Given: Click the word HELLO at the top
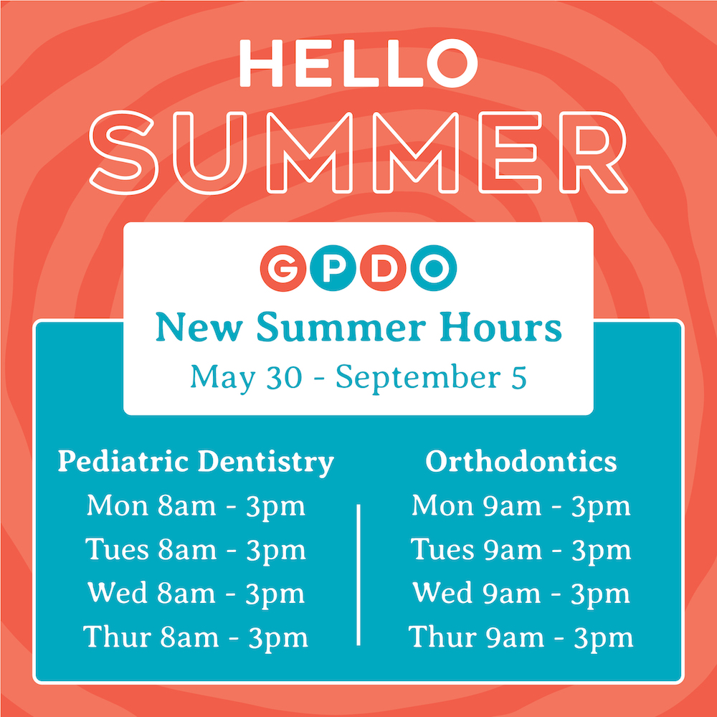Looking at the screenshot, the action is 358,63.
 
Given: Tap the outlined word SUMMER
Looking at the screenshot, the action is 358,152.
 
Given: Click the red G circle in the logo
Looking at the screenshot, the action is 283,268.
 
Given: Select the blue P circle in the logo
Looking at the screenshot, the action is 333,268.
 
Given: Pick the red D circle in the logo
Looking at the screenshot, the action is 383,268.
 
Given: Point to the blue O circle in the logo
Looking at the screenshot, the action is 434,268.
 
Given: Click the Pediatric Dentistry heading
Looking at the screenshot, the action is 196,462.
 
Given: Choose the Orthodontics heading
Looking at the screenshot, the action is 521,462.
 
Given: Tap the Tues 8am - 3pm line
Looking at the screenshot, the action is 196,550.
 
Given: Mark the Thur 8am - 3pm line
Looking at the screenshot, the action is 196,637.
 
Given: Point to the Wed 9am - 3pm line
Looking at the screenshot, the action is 521,594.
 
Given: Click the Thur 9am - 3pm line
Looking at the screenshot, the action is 521,637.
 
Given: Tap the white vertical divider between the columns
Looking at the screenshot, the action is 358,575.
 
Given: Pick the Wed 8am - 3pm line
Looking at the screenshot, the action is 196,594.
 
